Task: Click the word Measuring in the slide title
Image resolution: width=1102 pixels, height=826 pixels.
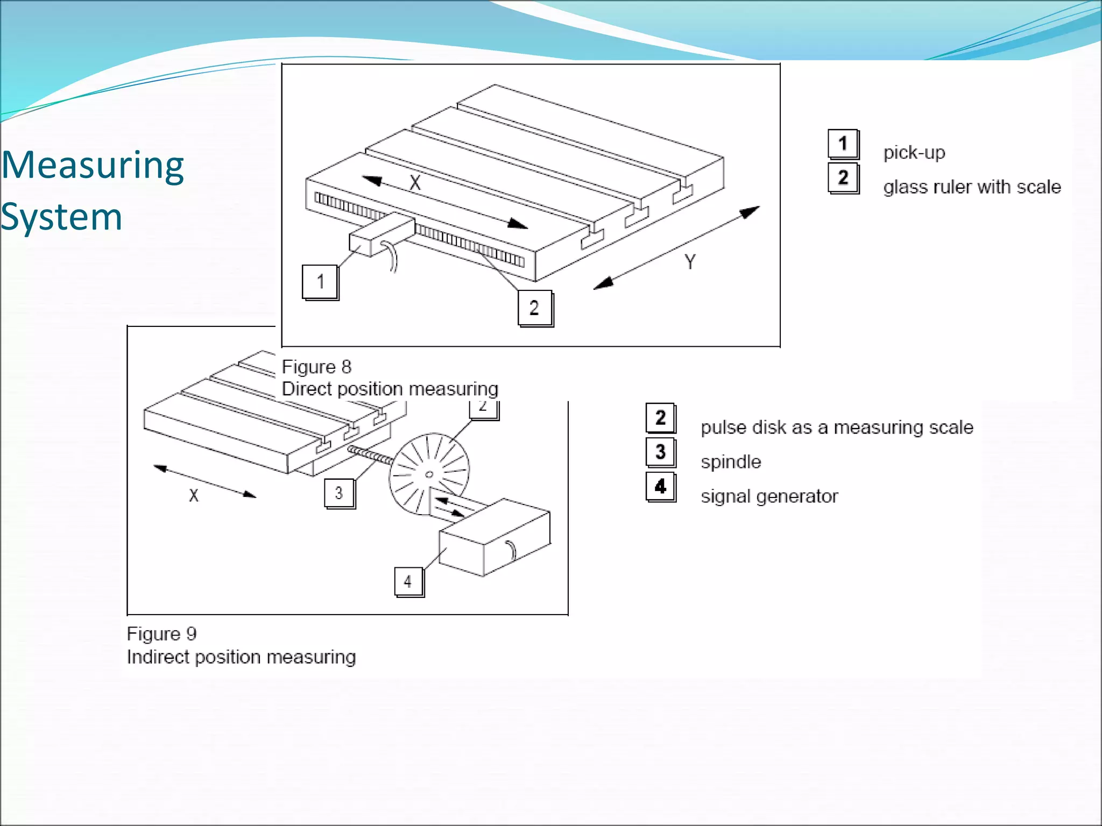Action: point(93,166)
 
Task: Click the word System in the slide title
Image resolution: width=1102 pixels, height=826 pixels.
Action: point(62,218)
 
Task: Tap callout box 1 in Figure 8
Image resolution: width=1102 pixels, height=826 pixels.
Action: point(320,282)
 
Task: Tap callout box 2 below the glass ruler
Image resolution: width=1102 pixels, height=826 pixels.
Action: point(534,308)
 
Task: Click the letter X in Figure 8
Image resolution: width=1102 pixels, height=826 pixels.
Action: point(415,183)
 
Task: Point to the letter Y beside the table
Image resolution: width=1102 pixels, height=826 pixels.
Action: point(690,262)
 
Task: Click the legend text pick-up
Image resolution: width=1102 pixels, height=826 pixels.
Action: point(914,153)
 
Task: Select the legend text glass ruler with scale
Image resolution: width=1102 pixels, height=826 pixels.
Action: point(972,187)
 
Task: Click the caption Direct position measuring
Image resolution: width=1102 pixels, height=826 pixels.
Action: point(390,389)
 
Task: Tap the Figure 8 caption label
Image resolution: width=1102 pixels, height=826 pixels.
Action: point(316,367)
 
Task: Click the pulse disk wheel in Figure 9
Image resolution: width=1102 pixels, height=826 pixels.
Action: point(428,473)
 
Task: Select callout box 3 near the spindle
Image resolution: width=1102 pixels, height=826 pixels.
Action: point(339,493)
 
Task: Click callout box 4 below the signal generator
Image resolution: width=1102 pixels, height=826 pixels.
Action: point(408,581)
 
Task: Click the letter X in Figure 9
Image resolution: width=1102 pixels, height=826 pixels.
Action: point(194,495)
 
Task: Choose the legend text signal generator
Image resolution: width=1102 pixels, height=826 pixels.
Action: point(769,496)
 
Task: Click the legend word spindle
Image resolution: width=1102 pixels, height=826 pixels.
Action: point(731,462)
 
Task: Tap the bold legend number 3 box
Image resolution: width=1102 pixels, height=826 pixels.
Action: point(660,452)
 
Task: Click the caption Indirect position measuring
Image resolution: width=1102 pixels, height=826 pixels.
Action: point(241,657)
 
